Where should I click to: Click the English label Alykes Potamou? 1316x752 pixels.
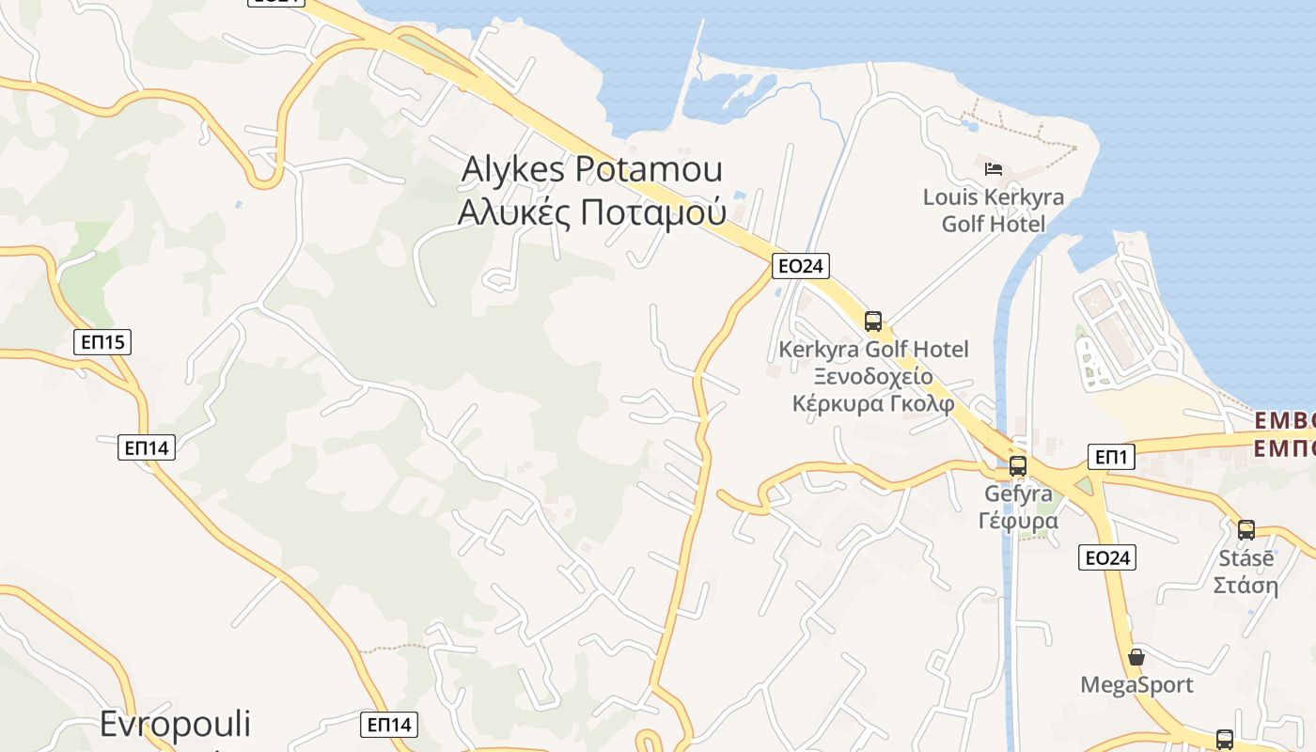click(x=592, y=170)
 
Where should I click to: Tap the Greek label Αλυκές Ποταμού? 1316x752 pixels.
click(x=592, y=212)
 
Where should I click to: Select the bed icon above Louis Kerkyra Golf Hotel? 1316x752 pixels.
click(x=994, y=169)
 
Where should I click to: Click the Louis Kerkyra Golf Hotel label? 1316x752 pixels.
click(x=994, y=211)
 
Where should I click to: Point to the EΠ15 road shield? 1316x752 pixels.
click(x=102, y=342)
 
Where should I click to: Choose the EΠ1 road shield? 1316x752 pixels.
click(x=1111, y=458)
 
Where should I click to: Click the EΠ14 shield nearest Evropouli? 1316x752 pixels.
click(x=389, y=725)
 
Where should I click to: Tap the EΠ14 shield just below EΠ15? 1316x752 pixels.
click(x=148, y=447)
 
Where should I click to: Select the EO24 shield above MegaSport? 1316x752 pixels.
click(x=1107, y=557)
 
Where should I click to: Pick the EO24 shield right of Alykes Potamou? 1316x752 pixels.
click(x=801, y=266)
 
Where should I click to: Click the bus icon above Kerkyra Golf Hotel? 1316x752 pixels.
click(x=873, y=321)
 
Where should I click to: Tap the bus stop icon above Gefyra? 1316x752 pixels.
click(x=1018, y=466)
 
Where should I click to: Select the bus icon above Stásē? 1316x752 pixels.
click(x=1246, y=529)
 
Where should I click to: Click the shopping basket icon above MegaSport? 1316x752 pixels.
click(x=1136, y=657)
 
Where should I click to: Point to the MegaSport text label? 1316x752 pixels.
click(x=1136, y=684)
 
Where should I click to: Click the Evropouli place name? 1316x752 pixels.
click(x=176, y=725)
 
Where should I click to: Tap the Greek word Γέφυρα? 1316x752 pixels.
click(x=1018, y=521)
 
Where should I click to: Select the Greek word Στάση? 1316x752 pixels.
click(x=1245, y=585)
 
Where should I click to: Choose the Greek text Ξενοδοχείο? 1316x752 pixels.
click(x=873, y=377)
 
